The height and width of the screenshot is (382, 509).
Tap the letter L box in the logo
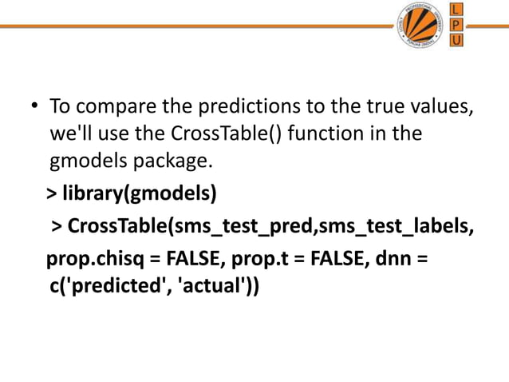pos(456,10)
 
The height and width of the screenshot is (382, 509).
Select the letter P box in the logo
pos(456,25)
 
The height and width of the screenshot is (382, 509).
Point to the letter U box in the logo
pos(456,40)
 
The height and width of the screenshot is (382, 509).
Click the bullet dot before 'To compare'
pos(35,107)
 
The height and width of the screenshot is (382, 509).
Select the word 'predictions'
pos(243,106)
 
